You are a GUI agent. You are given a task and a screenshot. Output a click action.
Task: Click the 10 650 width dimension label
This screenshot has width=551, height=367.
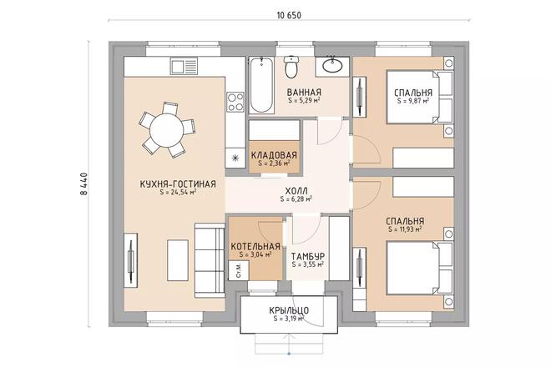point(289,15)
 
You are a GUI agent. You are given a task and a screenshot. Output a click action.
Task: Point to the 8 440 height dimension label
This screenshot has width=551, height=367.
point(84,183)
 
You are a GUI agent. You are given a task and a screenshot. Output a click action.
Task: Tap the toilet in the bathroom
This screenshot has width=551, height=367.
point(291,67)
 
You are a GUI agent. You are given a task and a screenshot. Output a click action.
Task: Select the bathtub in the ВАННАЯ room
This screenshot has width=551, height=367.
point(262,85)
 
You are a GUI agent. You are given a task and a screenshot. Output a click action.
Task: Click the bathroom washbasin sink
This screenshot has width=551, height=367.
point(332,65)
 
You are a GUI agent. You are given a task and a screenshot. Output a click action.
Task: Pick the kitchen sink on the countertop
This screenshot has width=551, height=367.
point(185,66)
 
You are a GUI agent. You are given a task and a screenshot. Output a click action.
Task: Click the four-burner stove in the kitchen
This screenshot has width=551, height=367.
point(235,102)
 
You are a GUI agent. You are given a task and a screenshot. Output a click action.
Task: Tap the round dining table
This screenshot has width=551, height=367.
point(167,130)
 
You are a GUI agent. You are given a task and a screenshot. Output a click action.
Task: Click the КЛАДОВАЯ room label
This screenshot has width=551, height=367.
point(274,155)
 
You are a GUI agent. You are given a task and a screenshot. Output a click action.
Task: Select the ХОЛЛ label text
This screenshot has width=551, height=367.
point(296,191)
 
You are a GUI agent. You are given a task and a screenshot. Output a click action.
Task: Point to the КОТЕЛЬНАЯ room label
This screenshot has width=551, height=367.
point(255,247)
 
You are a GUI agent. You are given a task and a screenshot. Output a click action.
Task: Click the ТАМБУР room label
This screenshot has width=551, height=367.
point(308,257)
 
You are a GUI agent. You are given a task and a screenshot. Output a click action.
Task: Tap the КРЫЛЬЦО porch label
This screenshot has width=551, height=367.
point(289,310)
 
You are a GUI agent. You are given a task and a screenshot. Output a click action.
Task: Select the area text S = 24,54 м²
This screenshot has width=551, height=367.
point(178,192)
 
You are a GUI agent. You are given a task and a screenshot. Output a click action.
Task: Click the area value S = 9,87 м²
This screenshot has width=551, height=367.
point(413,101)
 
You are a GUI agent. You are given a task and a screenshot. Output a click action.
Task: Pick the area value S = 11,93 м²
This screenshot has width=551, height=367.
point(405,229)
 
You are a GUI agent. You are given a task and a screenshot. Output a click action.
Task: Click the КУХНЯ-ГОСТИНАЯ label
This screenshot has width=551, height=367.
point(178,184)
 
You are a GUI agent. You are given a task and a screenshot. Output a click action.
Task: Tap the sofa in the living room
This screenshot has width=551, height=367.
point(210,260)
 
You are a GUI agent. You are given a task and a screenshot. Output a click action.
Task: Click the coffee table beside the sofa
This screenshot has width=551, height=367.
point(178,260)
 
